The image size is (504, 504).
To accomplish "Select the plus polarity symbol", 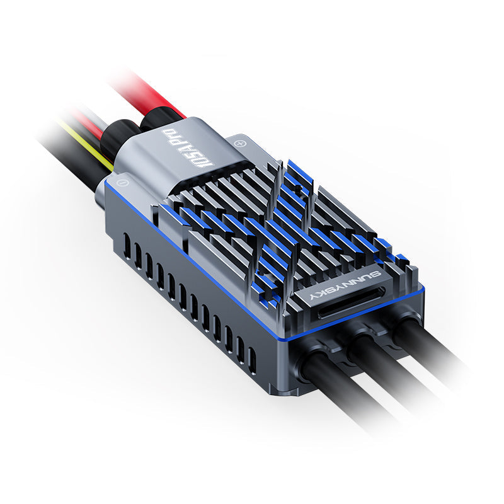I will [x=239, y=144].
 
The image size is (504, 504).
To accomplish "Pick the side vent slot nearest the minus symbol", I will [x=127, y=246].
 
